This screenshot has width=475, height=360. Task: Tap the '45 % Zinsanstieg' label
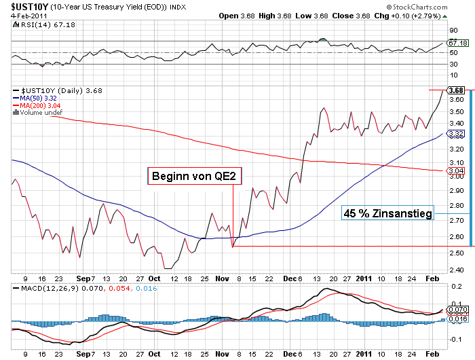(x=387, y=214)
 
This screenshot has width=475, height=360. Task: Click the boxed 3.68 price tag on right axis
(x=456, y=90)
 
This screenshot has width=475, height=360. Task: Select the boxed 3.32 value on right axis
(x=456, y=134)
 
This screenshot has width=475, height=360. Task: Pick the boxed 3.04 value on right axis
(x=456, y=170)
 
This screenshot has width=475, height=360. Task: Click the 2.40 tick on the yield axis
(x=456, y=270)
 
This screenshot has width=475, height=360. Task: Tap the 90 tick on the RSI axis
(x=453, y=30)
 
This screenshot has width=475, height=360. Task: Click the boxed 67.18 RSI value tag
(x=459, y=43)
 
